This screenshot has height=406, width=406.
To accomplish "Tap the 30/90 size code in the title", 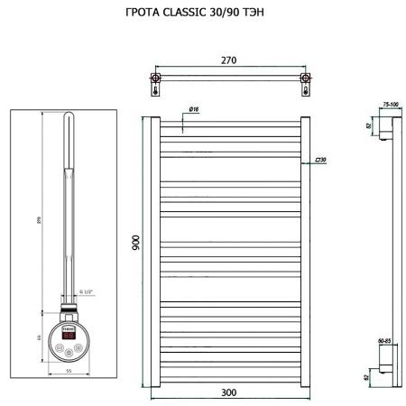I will (234, 14).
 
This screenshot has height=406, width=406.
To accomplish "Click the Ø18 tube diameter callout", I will (194, 110).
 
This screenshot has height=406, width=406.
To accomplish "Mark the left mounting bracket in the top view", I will (157, 85).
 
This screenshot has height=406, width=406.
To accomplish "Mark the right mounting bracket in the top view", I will (304, 85).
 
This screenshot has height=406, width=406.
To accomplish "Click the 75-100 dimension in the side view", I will (390, 105).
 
